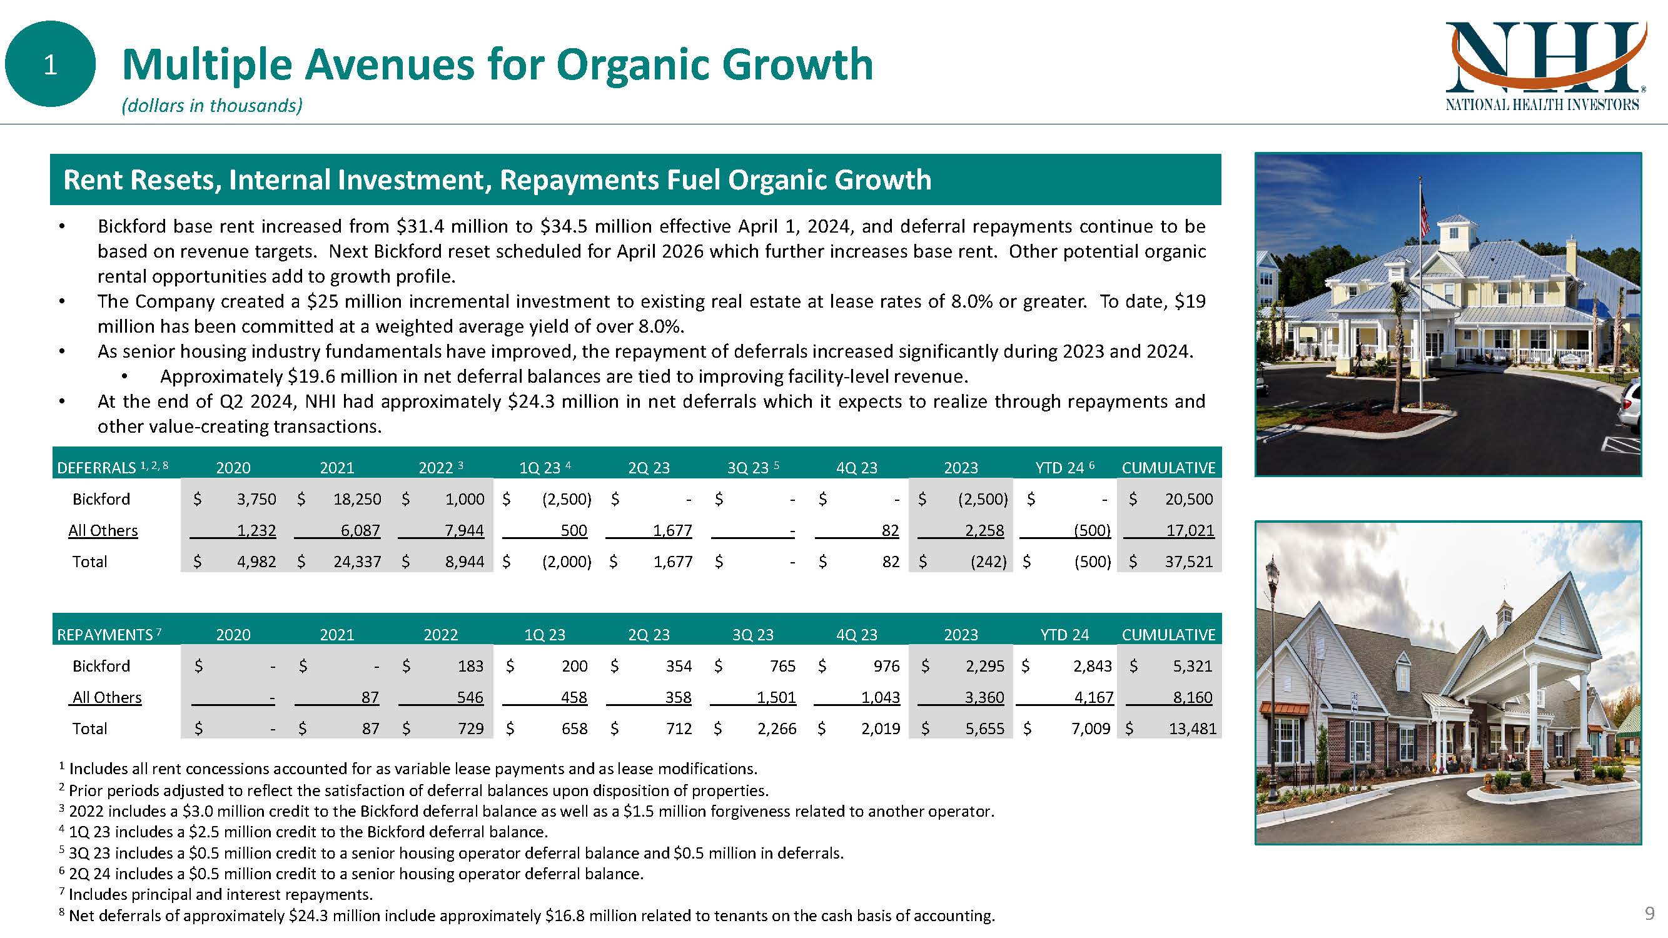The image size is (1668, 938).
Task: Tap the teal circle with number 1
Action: click(x=50, y=64)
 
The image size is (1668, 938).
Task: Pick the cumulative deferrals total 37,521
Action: click(x=1188, y=562)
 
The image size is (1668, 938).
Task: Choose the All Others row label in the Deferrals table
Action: click(x=103, y=531)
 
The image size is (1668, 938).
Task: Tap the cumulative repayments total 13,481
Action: click(x=1192, y=729)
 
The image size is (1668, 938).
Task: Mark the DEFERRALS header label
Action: click(x=96, y=468)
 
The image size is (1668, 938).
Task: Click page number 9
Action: click(x=1649, y=914)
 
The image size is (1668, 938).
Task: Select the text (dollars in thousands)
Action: click(x=212, y=106)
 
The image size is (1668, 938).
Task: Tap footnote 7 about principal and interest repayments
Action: click(x=220, y=895)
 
